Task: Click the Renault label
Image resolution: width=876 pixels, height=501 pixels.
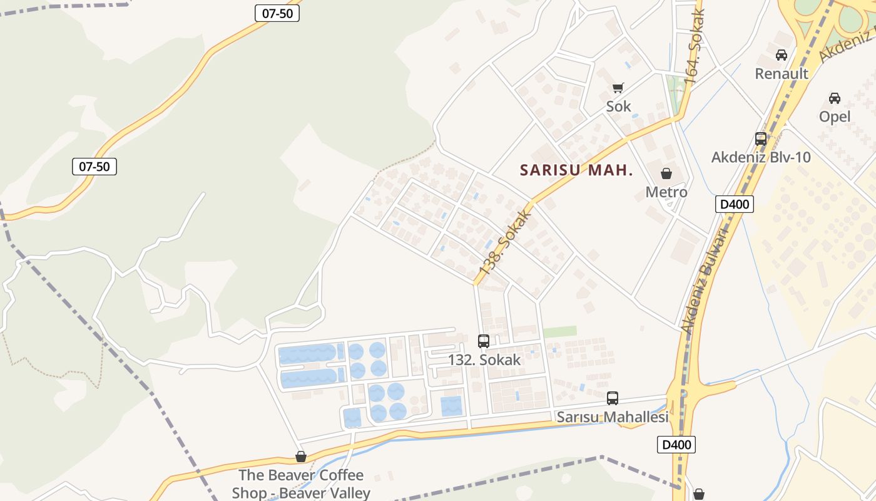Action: (782, 73)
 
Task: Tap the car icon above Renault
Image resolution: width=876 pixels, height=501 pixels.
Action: (782, 55)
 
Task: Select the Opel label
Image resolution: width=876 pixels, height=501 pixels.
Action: (835, 116)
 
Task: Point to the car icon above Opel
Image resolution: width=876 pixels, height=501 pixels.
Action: (835, 98)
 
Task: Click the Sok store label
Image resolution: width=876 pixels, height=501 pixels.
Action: (618, 106)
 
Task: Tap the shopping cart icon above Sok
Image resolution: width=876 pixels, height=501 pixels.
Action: (618, 88)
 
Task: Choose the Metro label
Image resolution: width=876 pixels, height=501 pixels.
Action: (666, 192)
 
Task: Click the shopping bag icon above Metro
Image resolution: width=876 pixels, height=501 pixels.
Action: (666, 173)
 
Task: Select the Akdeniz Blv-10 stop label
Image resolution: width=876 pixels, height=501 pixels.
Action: (761, 157)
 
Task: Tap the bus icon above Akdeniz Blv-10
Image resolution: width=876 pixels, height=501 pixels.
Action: (761, 139)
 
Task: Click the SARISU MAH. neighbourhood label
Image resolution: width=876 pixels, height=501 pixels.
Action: (576, 170)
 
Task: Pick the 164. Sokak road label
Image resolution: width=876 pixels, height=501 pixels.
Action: (694, 47)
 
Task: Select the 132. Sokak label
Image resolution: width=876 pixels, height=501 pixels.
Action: (484, 359)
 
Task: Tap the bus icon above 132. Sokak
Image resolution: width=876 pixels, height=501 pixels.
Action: (484, 341)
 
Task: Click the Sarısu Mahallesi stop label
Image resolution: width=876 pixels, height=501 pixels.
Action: (613, 416)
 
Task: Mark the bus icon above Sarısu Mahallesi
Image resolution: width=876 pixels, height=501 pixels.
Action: (613, 398)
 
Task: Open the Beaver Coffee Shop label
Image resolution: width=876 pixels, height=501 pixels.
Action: (301, 483)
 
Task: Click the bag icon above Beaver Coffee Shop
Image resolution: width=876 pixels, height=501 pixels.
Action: (301, 457)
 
